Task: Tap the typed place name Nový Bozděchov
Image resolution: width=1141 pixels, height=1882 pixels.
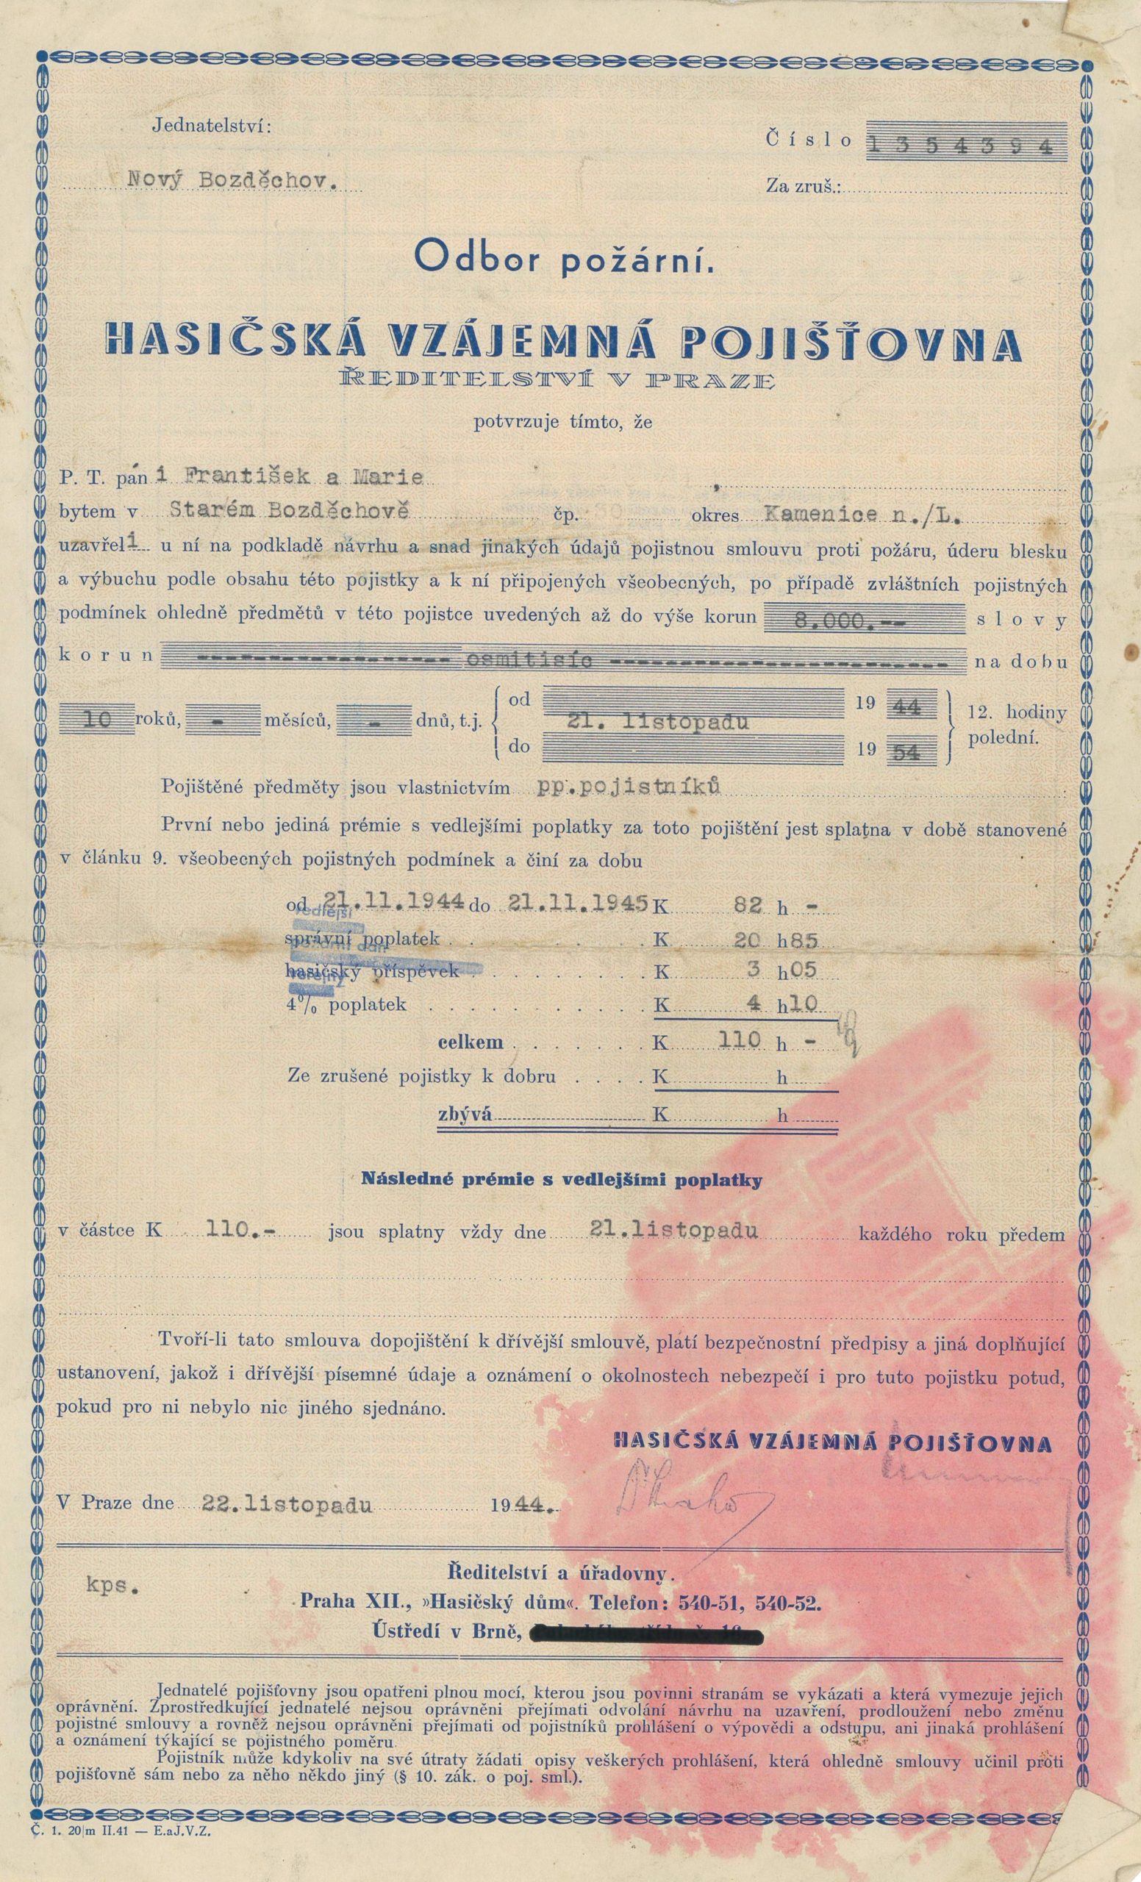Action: (x=232, y=180)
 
